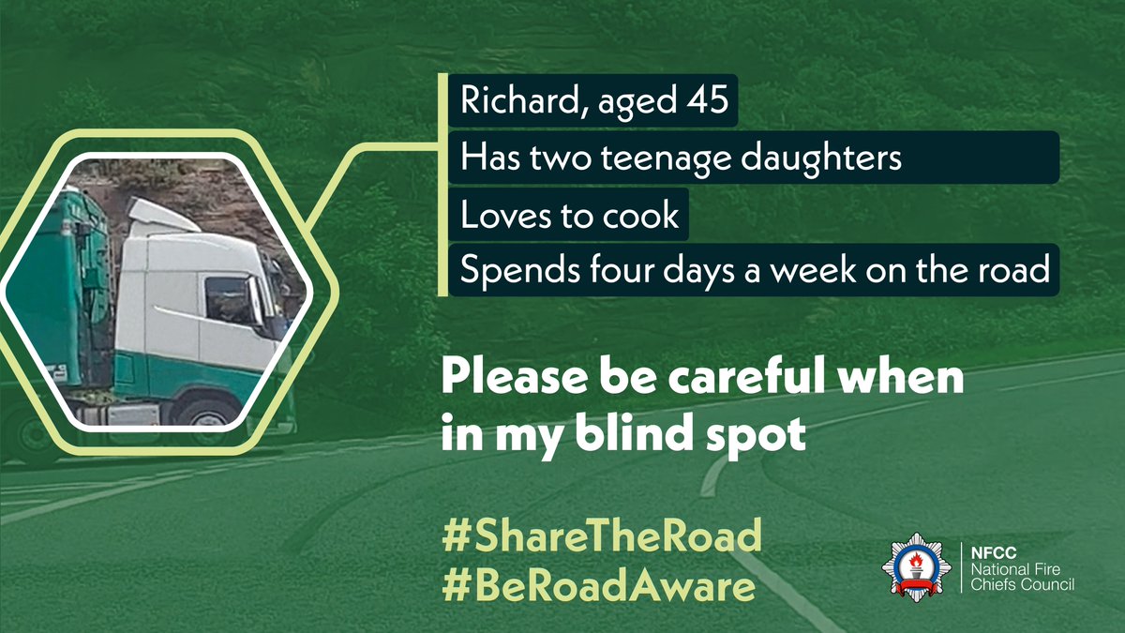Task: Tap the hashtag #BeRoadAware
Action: [599, 586]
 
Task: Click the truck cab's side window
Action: [230, 300]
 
